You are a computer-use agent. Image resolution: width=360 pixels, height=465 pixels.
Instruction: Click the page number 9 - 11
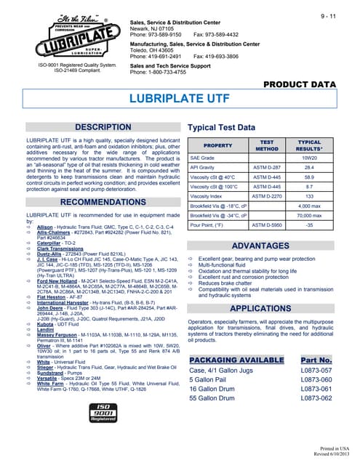point(332,16)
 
